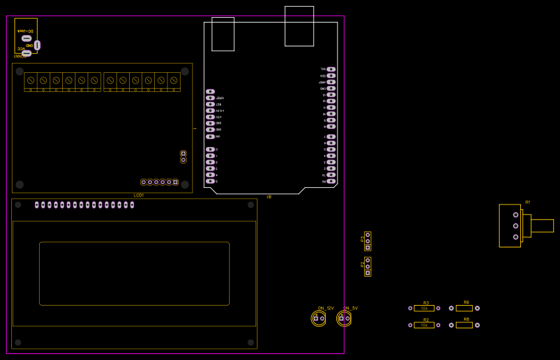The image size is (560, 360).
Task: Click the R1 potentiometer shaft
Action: click(x=541, y=226)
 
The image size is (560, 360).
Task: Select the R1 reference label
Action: click(x=528, y=202)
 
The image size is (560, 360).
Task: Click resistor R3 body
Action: click(x=424, y=308)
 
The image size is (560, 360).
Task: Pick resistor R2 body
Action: click(x=424, y=326)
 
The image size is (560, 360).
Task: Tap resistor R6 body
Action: click(x=464, y=308)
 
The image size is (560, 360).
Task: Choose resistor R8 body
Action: click(x=464, y=326)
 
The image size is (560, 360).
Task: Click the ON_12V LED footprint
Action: click(x=319, y=319)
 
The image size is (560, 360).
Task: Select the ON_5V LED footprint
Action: click(x=344, y=319)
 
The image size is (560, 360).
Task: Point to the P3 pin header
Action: click(x=367, y=241)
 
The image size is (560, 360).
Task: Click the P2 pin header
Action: click(x=367, y=267)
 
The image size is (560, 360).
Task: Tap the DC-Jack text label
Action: click(x=26, y=31)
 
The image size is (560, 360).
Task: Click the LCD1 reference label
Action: click(x=138, y=195)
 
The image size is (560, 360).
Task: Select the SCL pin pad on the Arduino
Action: click(x=331, y=69)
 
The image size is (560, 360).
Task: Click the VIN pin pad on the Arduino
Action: click(x=210, y=136)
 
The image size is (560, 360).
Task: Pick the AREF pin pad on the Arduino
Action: click(x=331, y=82)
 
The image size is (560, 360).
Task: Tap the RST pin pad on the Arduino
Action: click(x=210, y=105)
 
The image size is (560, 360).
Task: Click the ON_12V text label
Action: click(x=326, y=308)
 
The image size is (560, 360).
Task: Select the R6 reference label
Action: click(x=466, y=302)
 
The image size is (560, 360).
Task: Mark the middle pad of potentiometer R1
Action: click(x=516, y=226)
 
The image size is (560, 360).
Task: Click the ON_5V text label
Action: click(x=351, y=308)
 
